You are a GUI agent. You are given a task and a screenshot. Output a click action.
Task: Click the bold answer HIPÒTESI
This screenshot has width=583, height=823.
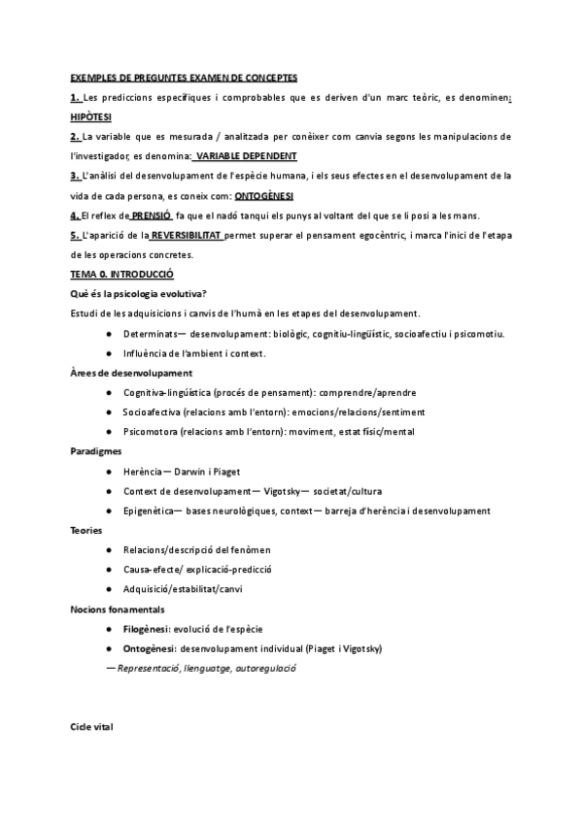point(91,115)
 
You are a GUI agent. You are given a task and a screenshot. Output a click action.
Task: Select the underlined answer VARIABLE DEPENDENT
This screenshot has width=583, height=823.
point(245,155)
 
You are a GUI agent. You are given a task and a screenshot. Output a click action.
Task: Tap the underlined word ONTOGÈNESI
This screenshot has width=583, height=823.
point(266,195)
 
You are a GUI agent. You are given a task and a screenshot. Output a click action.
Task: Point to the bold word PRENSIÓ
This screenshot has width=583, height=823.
point(151,214)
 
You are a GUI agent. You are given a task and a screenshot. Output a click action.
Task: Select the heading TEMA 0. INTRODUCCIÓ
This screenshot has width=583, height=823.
point(121,275)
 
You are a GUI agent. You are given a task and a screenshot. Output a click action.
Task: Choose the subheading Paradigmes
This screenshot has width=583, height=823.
point(95,451)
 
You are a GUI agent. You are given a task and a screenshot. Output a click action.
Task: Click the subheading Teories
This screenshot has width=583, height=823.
point(86,530)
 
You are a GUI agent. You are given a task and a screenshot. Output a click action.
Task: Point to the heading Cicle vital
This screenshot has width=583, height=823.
point(91,726)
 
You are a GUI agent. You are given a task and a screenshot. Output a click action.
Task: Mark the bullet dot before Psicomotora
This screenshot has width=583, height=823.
point(109,432)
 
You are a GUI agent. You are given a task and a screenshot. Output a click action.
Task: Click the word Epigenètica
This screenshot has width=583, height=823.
point(151,510)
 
